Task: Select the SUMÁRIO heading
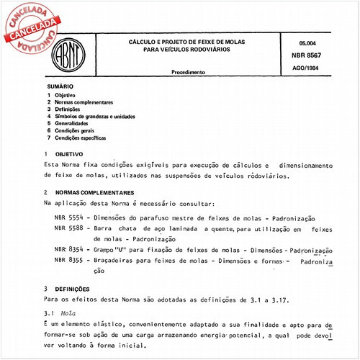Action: [x=60, y=86]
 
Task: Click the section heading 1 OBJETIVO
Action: [x=64, y=154]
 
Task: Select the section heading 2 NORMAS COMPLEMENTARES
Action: [x=89, y=193]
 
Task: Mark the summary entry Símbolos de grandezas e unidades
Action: [x=100, y=115]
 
